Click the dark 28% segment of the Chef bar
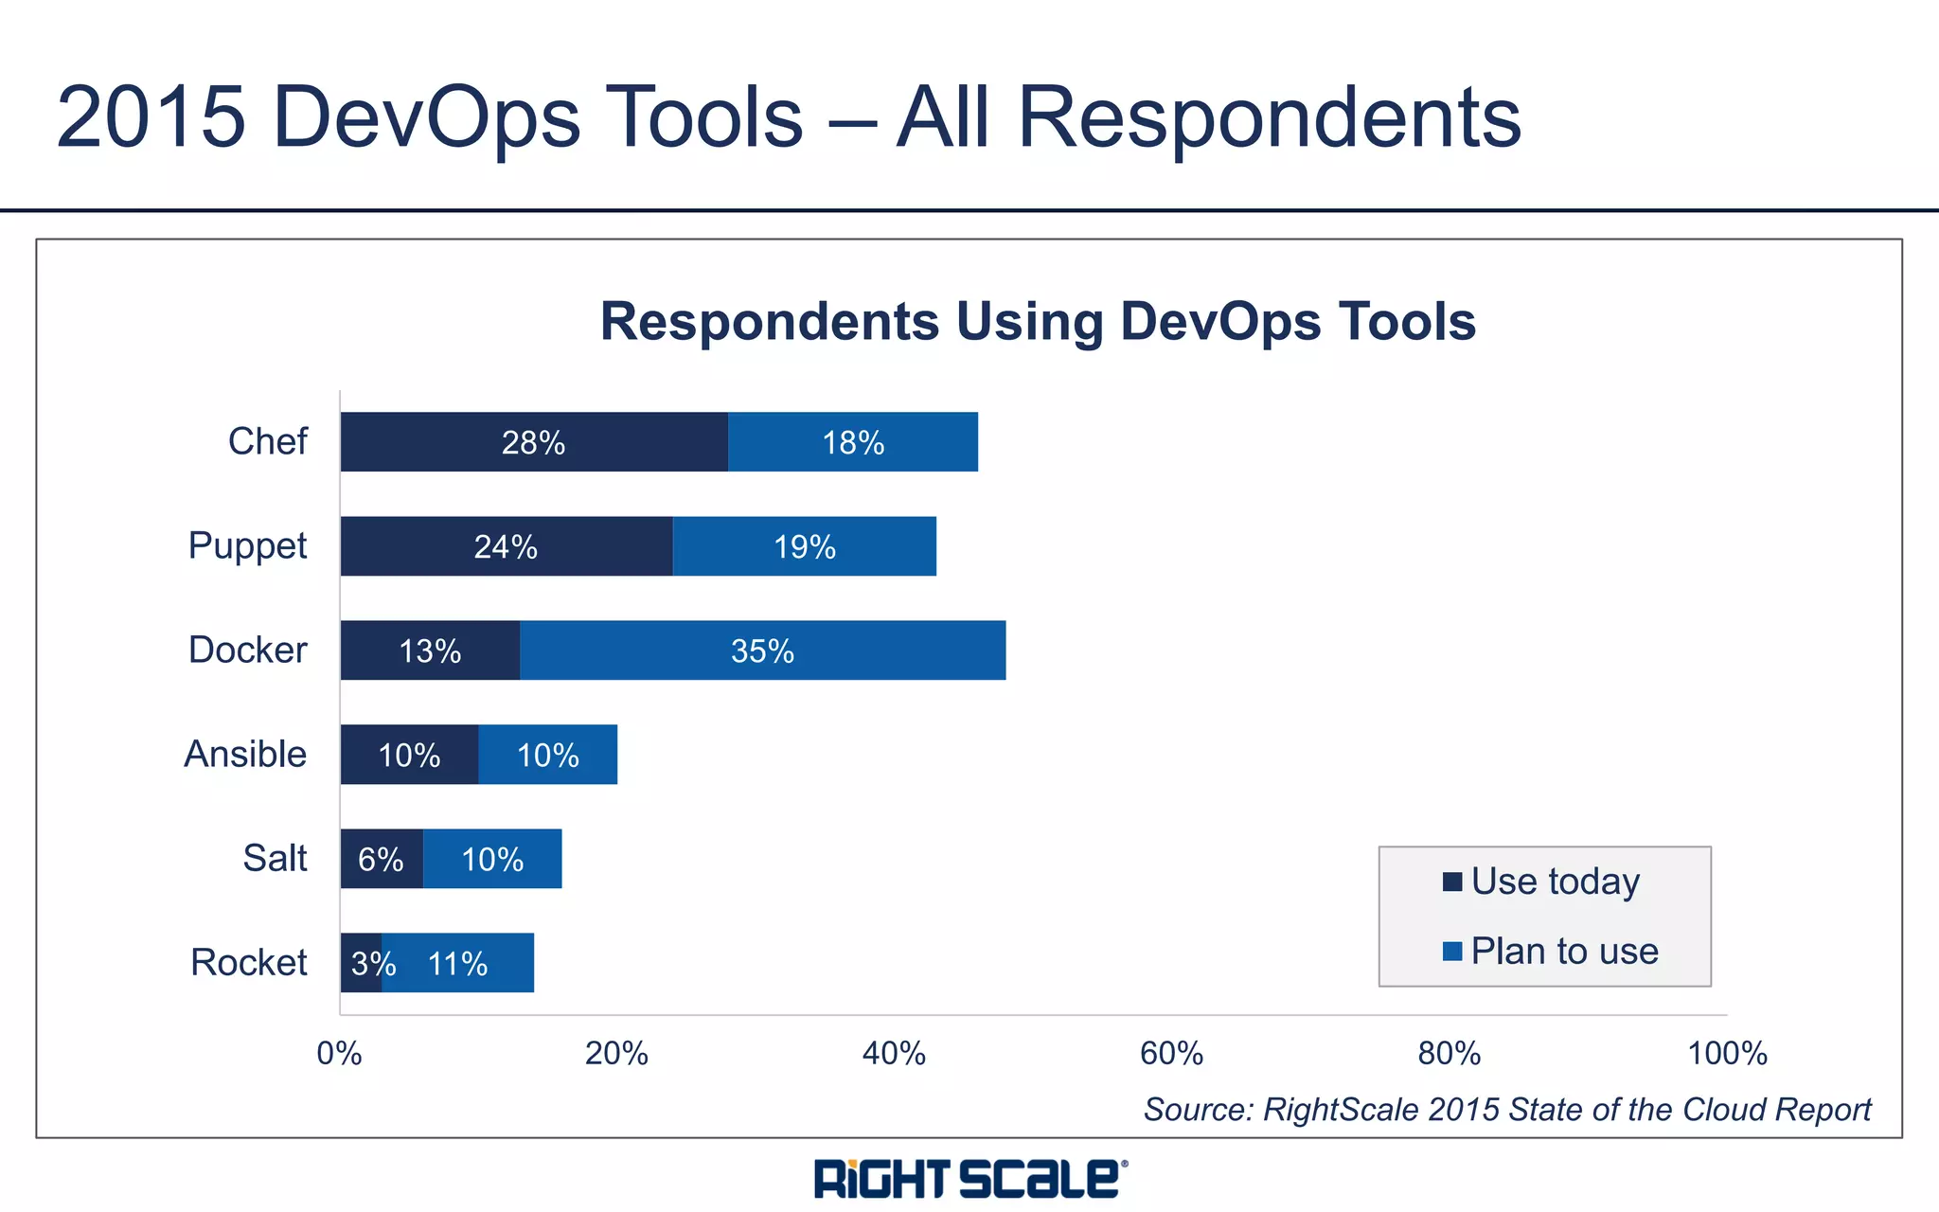pos(534,442)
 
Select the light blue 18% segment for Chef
pos(853,442)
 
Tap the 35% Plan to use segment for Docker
pos(762,651)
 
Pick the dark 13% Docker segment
pos(430,651)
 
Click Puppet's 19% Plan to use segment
pos(804,546)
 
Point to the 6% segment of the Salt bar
pos(381,859)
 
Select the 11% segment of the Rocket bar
pos(458,963)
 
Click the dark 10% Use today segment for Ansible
pos(409,755)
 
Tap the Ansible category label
pos(245,754)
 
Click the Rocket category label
pos(249,962)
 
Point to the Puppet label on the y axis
pos(247,545)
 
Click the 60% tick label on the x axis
pos(1171,1053)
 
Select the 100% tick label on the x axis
pos(1727,1053)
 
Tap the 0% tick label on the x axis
pos(339,1053)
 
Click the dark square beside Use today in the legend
pos(1452,882)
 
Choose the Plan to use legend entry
pos(1564,951)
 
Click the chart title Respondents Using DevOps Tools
pos(1038,321)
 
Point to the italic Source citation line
pos(1507,1109)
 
